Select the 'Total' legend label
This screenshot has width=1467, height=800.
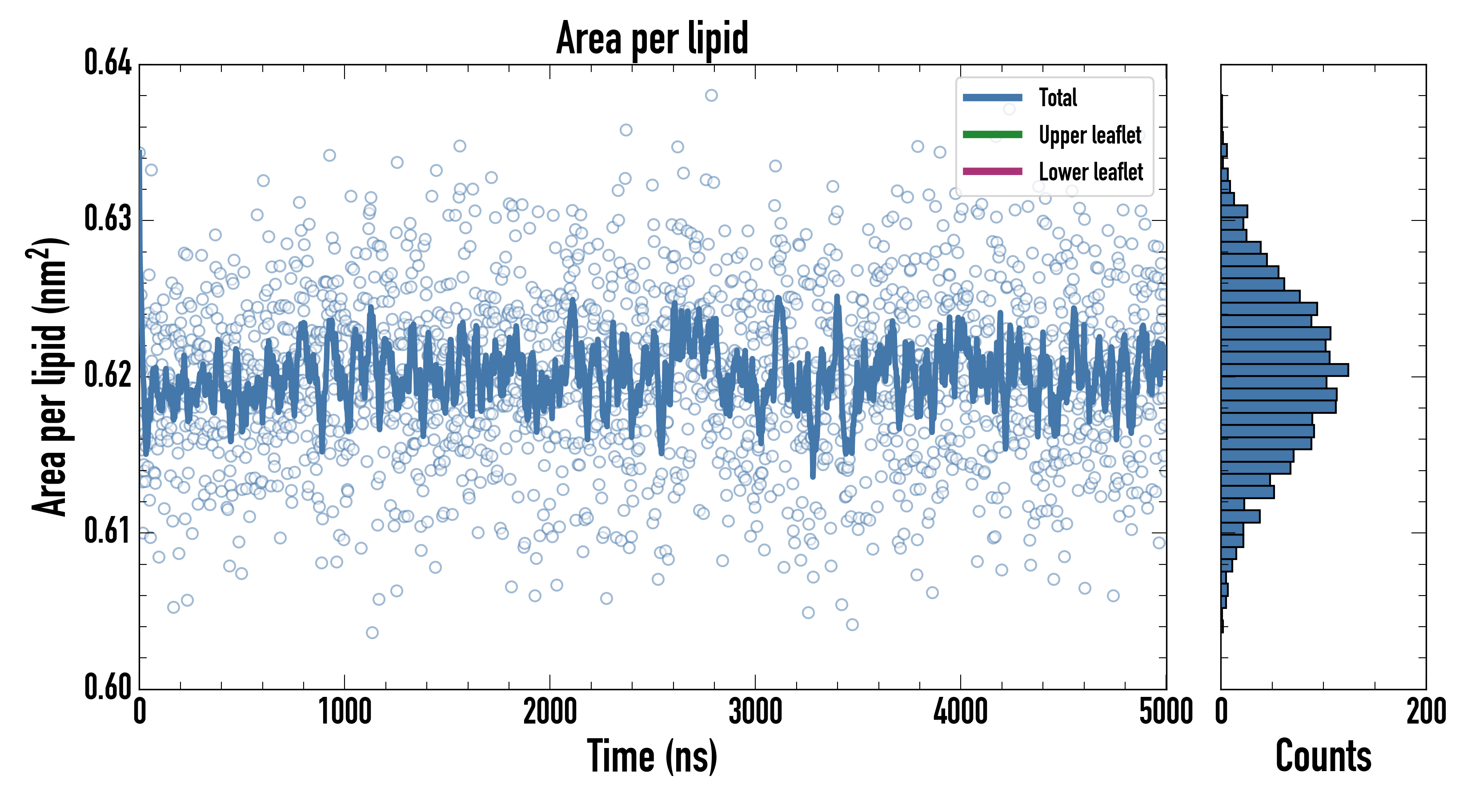[1058, 97]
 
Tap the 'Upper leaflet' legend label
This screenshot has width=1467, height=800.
[1090, 135]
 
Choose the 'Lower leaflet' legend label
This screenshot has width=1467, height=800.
[1090, 172]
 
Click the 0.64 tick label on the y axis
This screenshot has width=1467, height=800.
[108, 62]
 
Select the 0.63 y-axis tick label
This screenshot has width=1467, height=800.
[108, 219]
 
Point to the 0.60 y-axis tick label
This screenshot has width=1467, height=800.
[108, 687]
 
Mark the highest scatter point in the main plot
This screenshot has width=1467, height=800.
[711, 95]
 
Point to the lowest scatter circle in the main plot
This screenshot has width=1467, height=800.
[372, 632]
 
